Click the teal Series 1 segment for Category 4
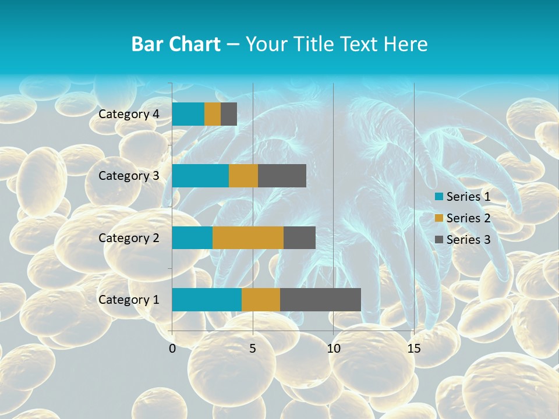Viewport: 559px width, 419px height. pyautogui.click(x=188, y=114)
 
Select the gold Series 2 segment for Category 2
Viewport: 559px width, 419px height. pyautogui.click(x=248, y=237)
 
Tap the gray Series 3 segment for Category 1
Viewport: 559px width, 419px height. pyautogui.click(x=320, y=300)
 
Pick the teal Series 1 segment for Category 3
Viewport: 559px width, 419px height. pyautogui.click(x=200, y=176)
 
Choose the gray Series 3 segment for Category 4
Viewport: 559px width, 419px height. pyautogui.click(x=229, y=114)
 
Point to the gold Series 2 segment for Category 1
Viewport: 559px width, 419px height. pyautogui.click(x=261, y=300)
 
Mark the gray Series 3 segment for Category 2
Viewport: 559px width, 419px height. pyautogui.click(x=299, y=237)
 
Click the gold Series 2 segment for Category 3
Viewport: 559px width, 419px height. pyautogui.click(x=243, y=176)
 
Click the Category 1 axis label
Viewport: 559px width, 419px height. pyautogui.click(x=129, y=300)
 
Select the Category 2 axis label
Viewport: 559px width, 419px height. pyautogui.click(x=129, y=238)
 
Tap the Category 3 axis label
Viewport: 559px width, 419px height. pyautogui.click(x=129, y=176)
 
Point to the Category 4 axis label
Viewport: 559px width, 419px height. pyautogui.click(x=129, y=114)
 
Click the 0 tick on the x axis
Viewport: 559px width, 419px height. pyautogui.click(x=172, y=349)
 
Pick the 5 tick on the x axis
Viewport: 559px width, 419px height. pyautogui.click(x=253, y=349)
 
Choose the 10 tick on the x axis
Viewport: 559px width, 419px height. pyautogui.click(x=333, y=349)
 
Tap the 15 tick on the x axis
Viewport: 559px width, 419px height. pyautogui.click(x=413, y=349)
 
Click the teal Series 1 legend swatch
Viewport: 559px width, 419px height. pyautogui.click(x=438, y=197)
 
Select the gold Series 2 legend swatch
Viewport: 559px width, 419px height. pyautogui.click(x=438, y=218)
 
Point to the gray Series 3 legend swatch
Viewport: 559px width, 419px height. pyautogui.click(x=438, y=240)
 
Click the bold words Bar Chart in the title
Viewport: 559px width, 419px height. pyautogui.click(x=176, y=44)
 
